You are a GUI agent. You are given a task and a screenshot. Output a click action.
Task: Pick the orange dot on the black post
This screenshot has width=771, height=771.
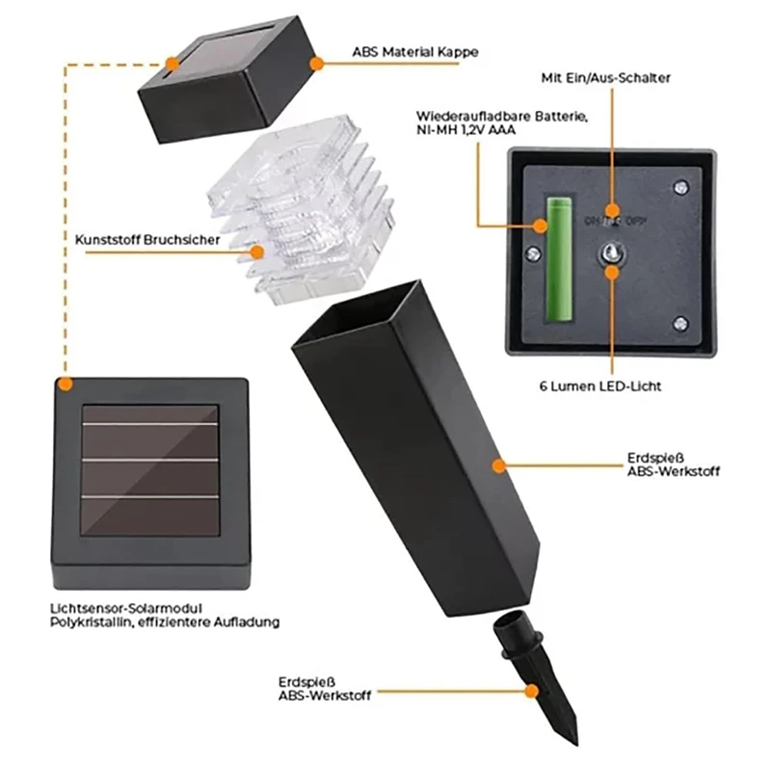(499, 465)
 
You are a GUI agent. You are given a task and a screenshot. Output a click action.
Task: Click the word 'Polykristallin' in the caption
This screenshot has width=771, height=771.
(93, 623)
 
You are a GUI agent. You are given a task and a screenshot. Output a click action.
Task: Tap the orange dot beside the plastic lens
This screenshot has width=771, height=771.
(256, 253)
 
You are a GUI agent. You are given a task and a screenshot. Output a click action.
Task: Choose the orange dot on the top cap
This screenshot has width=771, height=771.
(315, 63)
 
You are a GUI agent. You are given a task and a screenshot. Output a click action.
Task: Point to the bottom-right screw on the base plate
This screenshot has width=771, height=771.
(681, 323)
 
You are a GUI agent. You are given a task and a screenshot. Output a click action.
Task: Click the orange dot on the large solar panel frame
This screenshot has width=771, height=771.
(65, 384)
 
